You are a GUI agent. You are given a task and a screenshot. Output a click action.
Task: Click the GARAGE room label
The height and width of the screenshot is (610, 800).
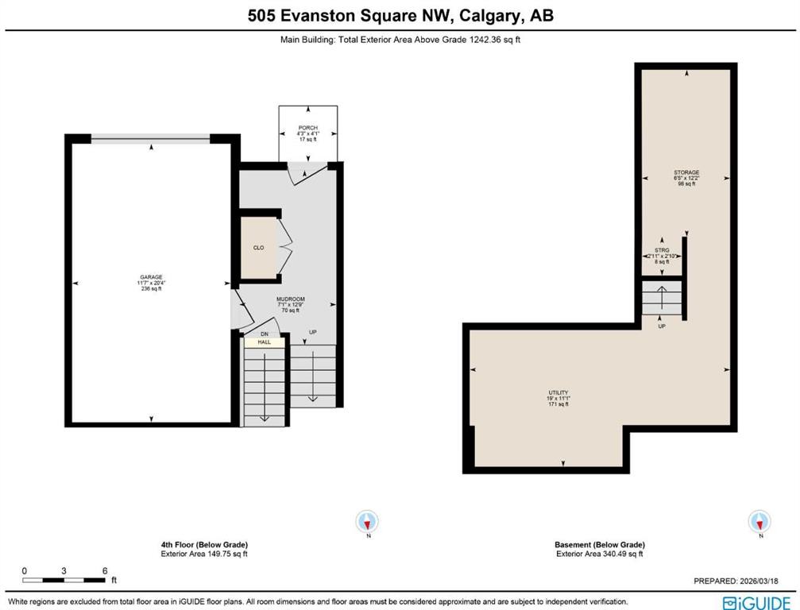(150, 277)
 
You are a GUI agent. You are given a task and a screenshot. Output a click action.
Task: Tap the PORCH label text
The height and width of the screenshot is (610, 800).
(307, 127)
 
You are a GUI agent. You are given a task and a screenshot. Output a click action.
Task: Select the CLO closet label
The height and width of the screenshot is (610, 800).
(258, 248)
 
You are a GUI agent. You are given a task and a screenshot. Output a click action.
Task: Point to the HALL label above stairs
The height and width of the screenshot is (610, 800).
(264, 342)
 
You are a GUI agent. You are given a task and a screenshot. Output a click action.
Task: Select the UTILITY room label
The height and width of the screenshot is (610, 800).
(558, 393)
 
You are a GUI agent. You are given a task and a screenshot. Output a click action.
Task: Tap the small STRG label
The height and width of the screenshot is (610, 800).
(662, 250)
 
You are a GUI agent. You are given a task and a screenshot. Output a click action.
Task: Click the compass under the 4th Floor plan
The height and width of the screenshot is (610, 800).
(367, 522)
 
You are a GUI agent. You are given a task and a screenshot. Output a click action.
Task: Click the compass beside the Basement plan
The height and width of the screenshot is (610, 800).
(759, 522)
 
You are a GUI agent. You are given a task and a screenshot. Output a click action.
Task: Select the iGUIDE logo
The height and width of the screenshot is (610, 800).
(756, 602)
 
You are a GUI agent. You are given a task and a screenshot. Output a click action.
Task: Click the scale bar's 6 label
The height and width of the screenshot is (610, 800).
(105, 570)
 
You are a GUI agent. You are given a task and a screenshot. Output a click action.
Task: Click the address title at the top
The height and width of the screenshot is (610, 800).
(400, 16)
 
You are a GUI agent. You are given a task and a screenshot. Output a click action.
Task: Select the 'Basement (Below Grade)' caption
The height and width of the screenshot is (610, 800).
(599, 545)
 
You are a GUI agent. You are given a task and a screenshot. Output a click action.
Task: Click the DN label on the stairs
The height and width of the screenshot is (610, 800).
(263, 334)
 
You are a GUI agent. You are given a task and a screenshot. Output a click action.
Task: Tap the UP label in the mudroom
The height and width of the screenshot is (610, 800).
(312, 331)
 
